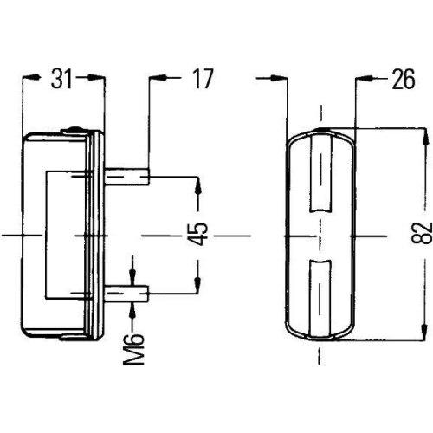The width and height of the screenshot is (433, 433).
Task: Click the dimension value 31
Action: [61, 79]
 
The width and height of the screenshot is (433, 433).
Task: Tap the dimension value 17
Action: [204, 79]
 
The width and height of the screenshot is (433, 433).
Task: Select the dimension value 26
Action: [404, 79]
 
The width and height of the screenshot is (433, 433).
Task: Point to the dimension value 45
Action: [198, 234]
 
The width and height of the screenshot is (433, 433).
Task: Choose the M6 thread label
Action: [133, 349]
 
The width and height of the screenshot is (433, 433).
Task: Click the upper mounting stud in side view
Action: [127, 177]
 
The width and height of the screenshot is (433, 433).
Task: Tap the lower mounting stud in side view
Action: [127, 294]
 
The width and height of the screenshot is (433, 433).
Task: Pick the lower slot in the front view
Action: [320, 299]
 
